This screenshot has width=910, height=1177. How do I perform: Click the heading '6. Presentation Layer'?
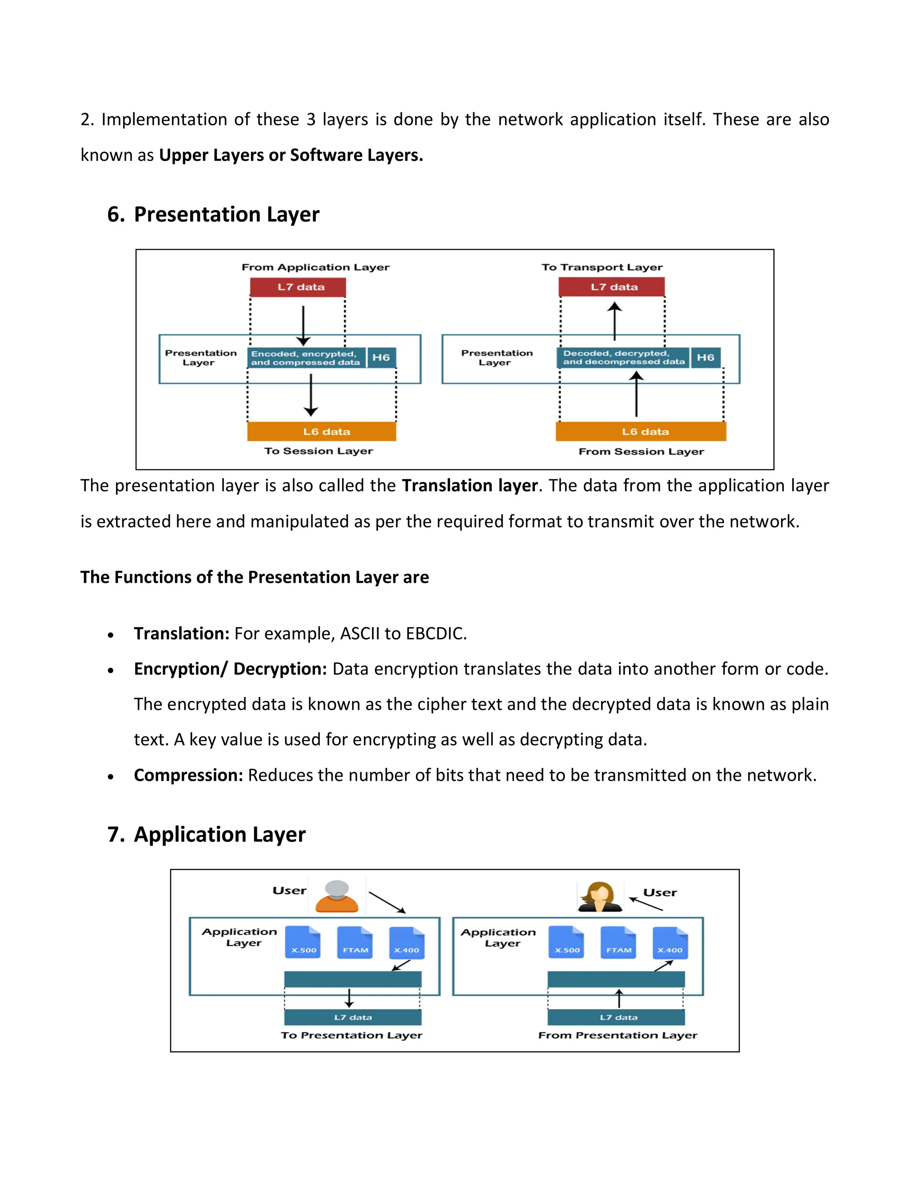point(213,215)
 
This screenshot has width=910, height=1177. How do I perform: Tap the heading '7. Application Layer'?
point(207,834)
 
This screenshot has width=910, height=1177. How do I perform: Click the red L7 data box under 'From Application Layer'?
point(298,287)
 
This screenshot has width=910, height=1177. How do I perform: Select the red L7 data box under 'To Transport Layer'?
point(612,287)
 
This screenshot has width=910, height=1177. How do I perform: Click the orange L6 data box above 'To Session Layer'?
point(322,432)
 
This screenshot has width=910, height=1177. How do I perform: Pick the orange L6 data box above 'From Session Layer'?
point(641,432)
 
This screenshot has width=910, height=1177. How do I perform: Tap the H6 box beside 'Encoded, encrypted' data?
point(381,357)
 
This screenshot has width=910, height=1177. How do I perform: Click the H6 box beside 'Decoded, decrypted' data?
point(705,357)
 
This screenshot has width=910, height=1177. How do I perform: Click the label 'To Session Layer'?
point(319,451)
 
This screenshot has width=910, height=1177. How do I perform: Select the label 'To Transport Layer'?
point(602,267)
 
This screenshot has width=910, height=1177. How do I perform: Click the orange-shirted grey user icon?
point(337,897)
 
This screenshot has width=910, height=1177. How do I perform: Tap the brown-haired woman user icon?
point(599,897)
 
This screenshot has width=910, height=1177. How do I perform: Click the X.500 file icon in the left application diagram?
point(303,942)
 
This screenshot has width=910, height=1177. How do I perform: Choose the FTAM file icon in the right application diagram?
point(619,942)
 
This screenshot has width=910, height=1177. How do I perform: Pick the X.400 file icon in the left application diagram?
point(407,942)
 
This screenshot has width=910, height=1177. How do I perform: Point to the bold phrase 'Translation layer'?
point(470,485)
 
